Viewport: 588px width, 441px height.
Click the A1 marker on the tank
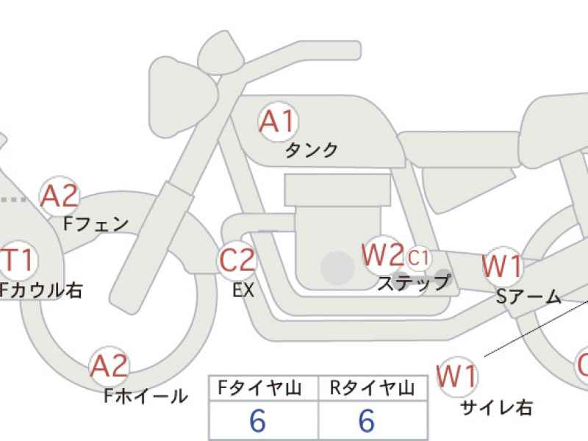pos(278,121)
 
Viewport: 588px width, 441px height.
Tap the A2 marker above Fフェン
pos(60,196)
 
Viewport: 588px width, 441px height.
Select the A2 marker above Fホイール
pos(109,365)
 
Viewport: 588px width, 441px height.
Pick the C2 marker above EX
pos(237,260)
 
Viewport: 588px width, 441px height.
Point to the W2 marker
pos(383,255)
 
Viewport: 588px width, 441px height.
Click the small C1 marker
pos(417,258)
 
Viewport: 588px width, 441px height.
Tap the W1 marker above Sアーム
pos(503,266)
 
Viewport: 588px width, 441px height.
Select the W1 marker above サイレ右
pos(457,376)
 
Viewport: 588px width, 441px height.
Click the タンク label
pos(312,151)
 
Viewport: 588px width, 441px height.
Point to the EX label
pos(243,290)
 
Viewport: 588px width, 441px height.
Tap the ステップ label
pos(413,283)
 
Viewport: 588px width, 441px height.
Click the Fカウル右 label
pos(40,290)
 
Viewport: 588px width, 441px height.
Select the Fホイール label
pos(146,395)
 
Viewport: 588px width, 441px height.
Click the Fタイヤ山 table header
pos(260,388)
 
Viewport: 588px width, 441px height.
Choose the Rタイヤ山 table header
pos(372,388)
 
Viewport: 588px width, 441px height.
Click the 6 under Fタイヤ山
pos(258,420)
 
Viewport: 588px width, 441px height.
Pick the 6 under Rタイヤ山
pos(366,420)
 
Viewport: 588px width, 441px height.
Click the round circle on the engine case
pos(337,268)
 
